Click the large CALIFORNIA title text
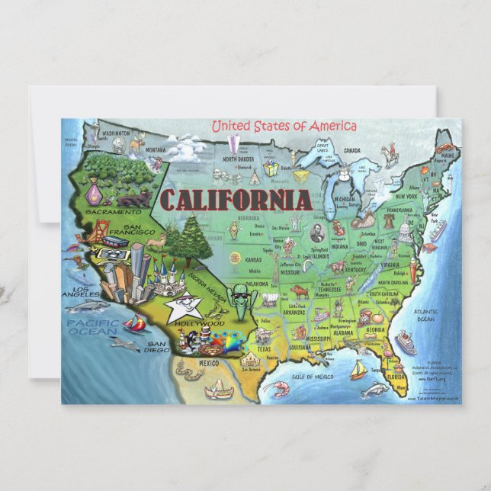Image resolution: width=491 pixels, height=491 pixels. [236, 200]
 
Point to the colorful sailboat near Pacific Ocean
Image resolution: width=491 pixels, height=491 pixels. [134, 323]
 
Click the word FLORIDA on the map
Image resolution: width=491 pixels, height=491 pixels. [396, 376]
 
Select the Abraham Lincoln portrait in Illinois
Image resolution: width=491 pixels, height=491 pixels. [317, 233]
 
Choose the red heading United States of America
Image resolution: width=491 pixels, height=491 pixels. [284, 126]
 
